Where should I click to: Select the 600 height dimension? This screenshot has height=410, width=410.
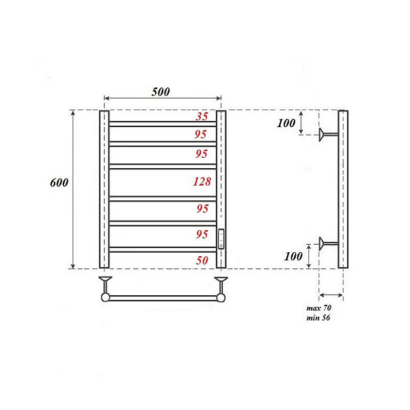(59, 183)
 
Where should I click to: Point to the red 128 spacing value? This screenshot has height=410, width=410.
(202, 182)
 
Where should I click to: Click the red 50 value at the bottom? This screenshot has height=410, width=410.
(202, 260)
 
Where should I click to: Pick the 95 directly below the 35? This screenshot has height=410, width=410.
(200, 134)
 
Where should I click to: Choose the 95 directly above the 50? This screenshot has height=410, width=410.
(200, 234)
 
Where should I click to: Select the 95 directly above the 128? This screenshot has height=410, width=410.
(200, 154)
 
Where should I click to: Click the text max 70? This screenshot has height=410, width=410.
(318, 310)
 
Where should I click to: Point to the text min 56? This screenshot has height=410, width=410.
(318, 318)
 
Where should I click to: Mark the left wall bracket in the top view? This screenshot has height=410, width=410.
(105, 283)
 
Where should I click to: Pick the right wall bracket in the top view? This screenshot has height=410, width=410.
(221, 283)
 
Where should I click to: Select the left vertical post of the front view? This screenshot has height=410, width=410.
(105, 189)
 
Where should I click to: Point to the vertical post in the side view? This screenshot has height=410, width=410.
(343, 189)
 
